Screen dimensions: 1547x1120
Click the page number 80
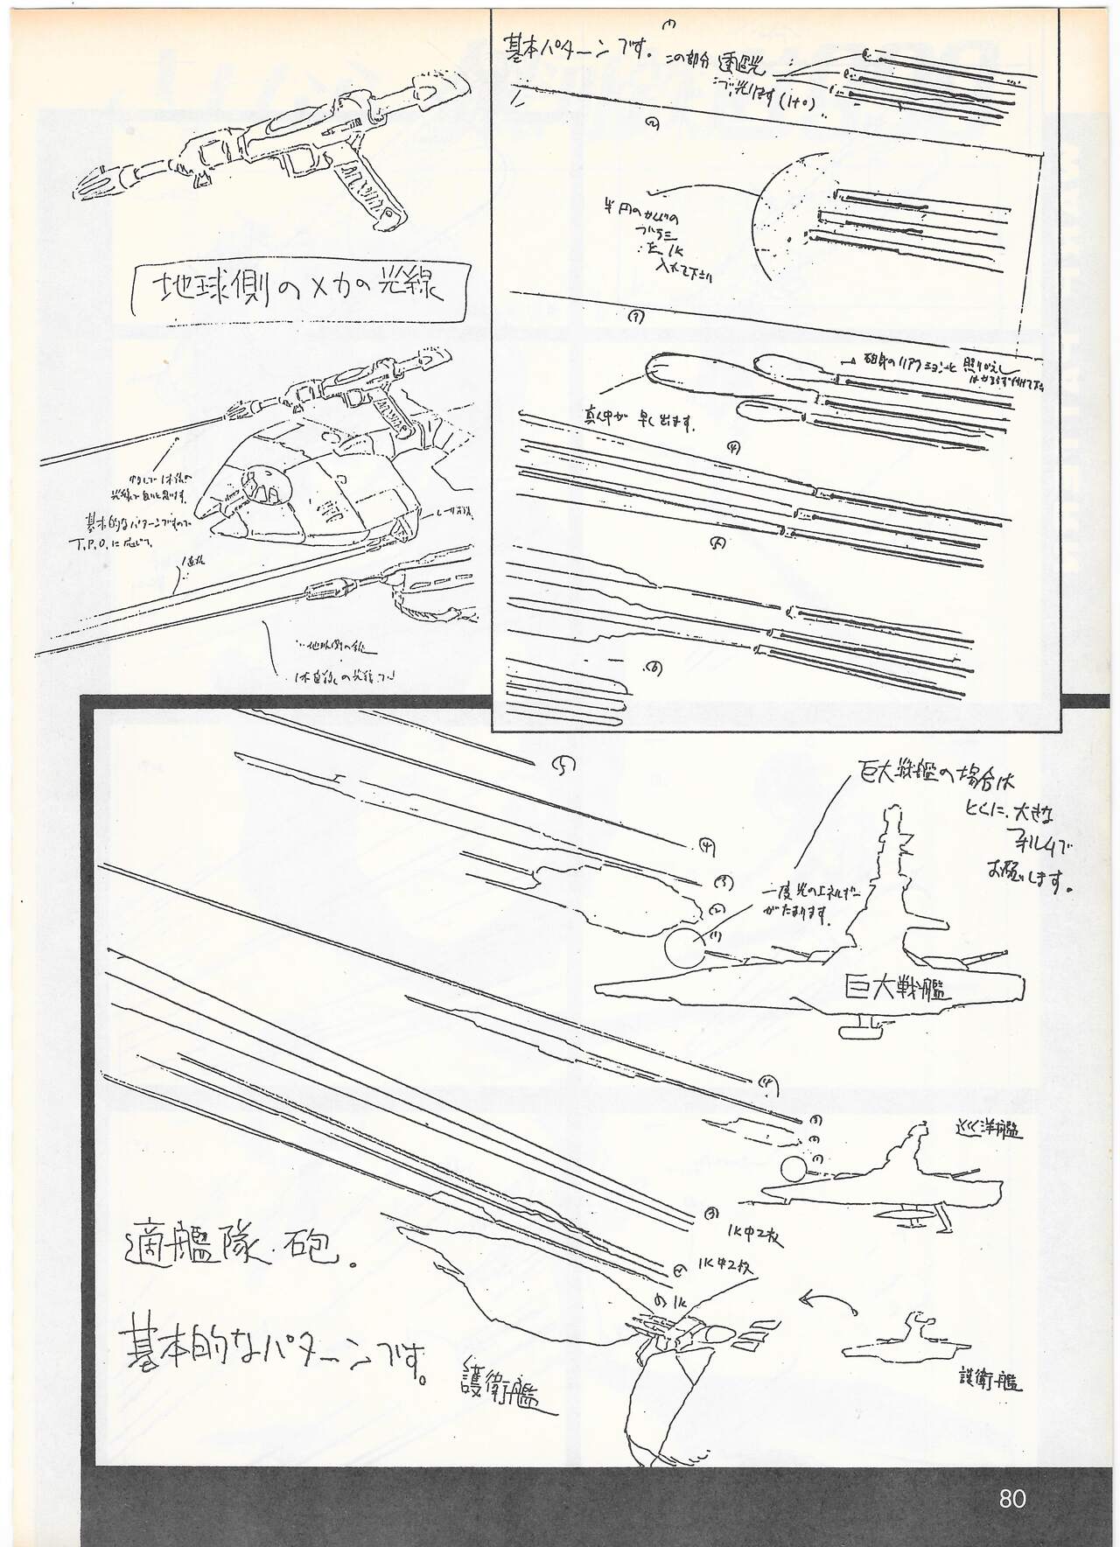1011,1498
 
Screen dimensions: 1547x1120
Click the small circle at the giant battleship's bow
682,948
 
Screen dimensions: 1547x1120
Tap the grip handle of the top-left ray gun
385,198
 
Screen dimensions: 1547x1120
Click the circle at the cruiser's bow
795,1171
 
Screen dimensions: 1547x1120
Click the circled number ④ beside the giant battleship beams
706,845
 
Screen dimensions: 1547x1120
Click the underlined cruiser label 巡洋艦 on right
989,1130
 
